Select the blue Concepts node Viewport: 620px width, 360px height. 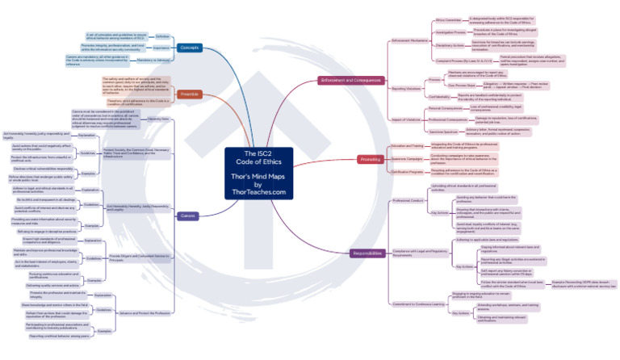click(191, 48)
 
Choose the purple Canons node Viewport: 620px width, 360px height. click(188, 216)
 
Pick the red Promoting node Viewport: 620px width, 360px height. click(370, 159)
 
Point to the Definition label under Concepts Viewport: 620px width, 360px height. click(162, 36)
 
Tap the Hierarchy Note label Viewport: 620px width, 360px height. click(158, 119)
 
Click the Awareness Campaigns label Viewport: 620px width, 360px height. click(408, 158)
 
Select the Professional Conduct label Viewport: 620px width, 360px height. click(408, 199)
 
